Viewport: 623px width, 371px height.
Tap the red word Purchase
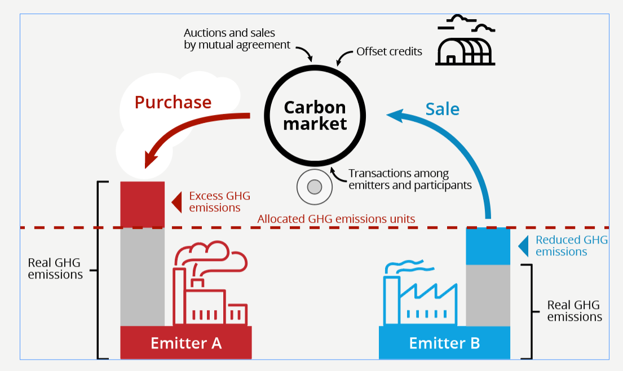click(173, 102)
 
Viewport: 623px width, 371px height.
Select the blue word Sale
click(442, 109)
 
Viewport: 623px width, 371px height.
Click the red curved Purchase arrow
click(186, 127)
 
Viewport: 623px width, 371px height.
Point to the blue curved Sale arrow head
click(395, 116)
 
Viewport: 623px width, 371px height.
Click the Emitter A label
click(185, 343)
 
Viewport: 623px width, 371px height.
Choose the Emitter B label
click(444, 343)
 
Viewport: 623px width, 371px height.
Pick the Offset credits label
click(389, 52)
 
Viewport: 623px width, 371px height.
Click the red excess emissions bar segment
click(143, 204)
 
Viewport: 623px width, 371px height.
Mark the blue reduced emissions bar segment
click(488, 246)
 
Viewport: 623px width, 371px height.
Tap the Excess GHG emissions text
click(219, 202)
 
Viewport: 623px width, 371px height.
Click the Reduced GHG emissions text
click(571, 246)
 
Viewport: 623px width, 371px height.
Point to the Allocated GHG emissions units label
click(336, 219)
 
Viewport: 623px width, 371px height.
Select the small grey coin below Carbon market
click(314, 187)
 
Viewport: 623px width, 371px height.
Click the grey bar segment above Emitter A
click(143, 276)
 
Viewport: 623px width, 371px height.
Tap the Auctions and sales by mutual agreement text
click(237, 39)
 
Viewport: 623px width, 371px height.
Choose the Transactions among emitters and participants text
click(410, 179)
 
